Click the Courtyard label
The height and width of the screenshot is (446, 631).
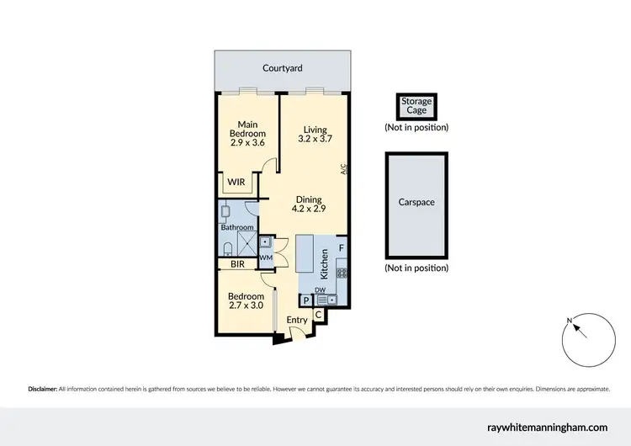pyautogui.click(x=282, y=67)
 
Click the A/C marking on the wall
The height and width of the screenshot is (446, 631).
pyautogui.click(x=344, y=169)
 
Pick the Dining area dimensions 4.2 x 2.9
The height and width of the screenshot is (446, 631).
pyautogui.click(x=309, y=208)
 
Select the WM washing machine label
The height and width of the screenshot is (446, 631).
pyautogui.click(x=265, y=258)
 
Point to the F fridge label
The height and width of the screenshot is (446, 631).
pyautogui.click(x=341, y=249)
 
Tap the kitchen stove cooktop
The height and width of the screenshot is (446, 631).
pyautogui.click(x=341, y=272)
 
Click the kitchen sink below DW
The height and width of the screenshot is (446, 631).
pyautogui.click(x=326, y=299)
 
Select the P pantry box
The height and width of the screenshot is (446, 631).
pyautogui.click(x=304, y=300)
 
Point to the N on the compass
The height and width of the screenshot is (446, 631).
pyautogui.click(x=570, y=320)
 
